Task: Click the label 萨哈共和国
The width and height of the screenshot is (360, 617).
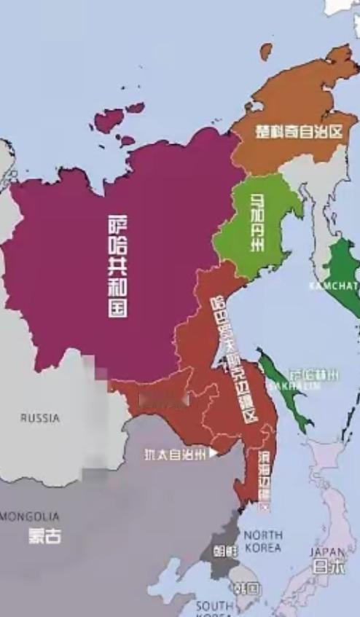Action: point(117,267)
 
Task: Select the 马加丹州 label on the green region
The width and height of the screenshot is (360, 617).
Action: point(258,224)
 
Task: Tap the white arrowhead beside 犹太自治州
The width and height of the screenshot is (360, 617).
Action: point(213,453)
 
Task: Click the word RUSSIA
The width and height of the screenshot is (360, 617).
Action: point(40,419)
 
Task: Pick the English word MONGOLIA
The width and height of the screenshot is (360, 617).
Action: point(30,516)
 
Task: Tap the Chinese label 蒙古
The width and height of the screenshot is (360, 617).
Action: point(44,535)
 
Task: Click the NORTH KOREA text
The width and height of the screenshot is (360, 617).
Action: point(262,541)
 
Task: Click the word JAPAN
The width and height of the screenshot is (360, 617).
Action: point(327,552)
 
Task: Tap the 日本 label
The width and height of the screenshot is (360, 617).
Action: point(328,567)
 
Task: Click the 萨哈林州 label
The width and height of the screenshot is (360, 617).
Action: point(313,373)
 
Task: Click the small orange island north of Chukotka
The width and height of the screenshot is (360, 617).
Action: point(266,50)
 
